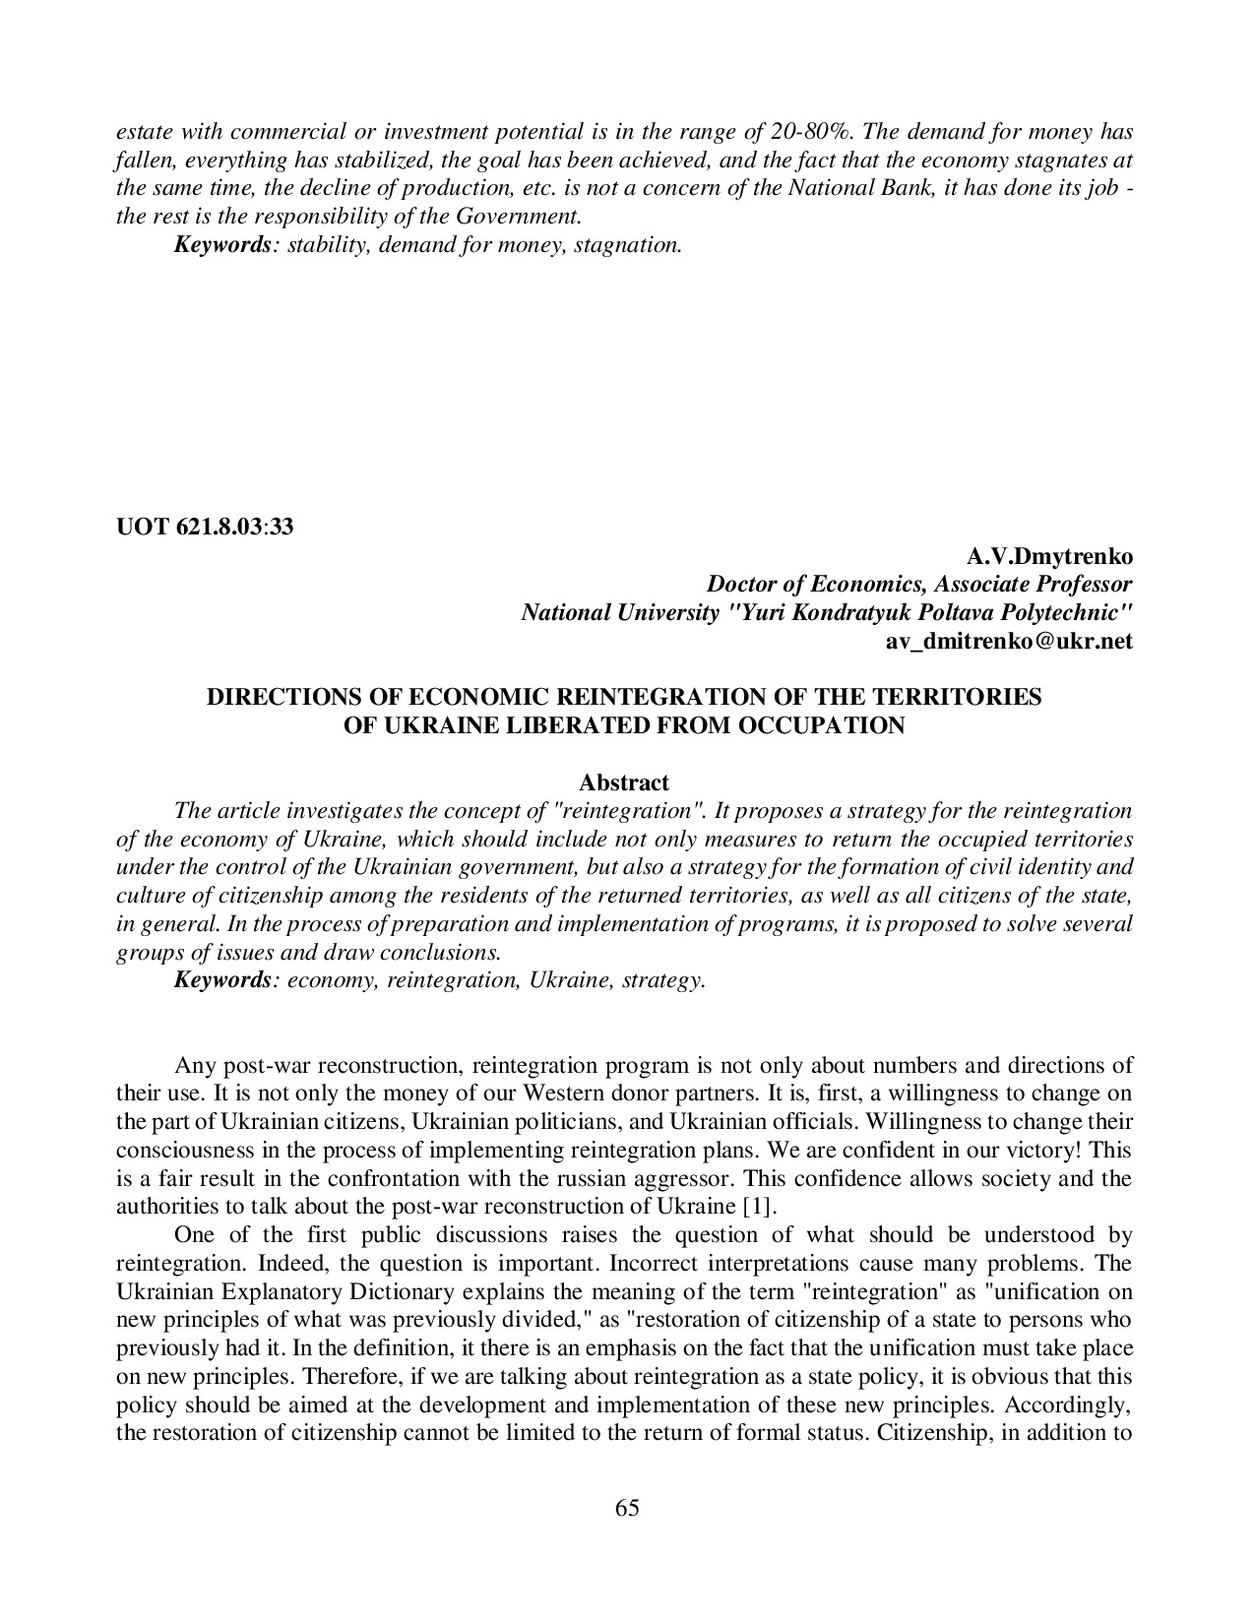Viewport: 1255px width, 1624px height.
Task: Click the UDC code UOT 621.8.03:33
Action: [x=205, y=527]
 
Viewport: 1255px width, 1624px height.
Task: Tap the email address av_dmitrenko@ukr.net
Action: [x=1010, y=641]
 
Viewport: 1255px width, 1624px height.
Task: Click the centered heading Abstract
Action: [x=624, y=782]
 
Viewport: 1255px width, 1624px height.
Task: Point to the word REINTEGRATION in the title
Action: [x=659, y=697]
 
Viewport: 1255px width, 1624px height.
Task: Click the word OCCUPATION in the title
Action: [x=829, y=725]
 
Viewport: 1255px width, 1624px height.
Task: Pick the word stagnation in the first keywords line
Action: [x=631, y=244]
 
